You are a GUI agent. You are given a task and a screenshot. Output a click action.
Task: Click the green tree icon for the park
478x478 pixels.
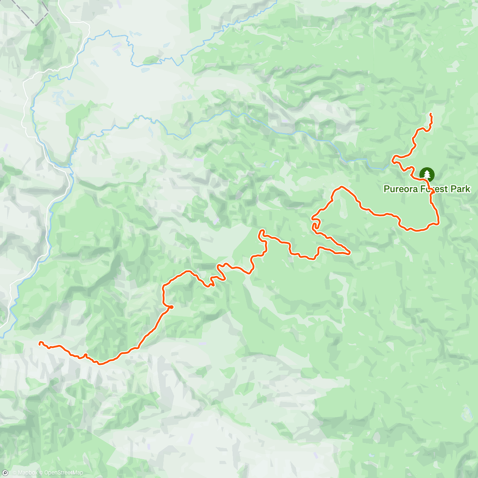(427, 174)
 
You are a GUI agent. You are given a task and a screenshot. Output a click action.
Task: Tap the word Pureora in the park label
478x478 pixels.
(400, 189)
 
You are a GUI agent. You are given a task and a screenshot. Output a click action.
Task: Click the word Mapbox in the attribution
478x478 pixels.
(27, 473)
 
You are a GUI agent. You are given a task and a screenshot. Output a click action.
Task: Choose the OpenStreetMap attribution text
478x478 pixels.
(63, 473)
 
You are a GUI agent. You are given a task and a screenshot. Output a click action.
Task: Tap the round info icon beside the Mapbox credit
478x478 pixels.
(5, 473)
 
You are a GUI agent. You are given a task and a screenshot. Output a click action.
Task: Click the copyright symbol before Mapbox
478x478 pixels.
(14, 473)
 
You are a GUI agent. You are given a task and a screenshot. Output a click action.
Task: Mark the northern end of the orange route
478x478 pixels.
(431, 115)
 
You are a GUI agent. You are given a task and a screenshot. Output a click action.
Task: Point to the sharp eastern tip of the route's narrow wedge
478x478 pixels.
(349, 253)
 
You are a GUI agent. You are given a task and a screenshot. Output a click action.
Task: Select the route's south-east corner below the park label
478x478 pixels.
(437, 223)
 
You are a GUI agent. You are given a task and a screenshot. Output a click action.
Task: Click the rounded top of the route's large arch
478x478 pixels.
(341, 187)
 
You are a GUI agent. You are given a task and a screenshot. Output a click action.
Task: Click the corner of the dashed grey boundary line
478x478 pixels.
(36, 25)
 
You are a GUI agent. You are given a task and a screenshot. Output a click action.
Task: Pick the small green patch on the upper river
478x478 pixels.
(150, 60)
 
